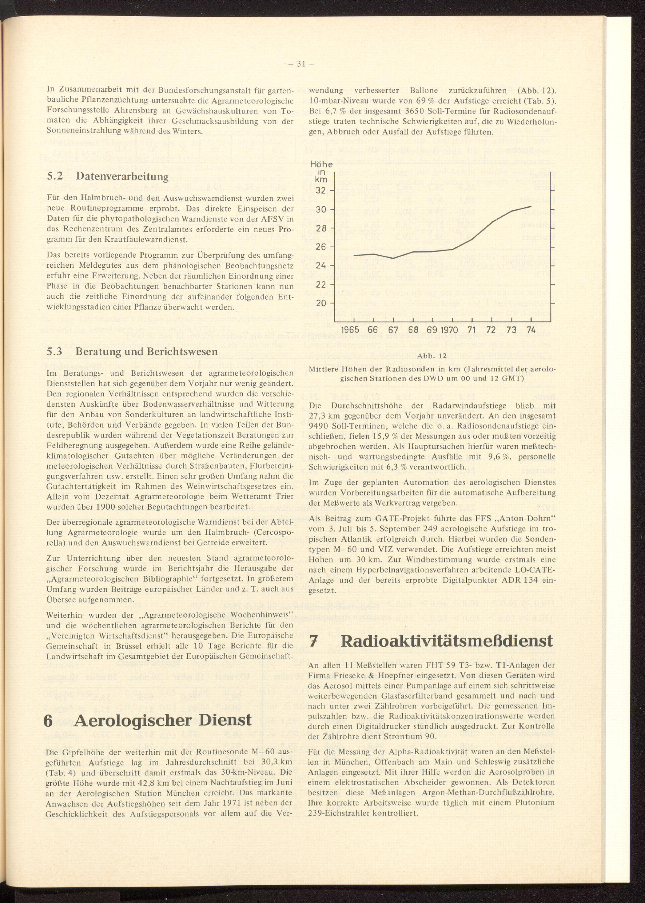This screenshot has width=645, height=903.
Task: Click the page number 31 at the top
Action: tap(300, 64)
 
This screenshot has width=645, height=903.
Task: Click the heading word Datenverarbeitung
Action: tap(122, 177)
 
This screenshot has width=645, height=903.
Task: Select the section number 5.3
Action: tap(55, 352)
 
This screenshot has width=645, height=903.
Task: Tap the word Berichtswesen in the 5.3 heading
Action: tap(185, 352)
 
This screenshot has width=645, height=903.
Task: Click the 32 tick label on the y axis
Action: tap(321, 191)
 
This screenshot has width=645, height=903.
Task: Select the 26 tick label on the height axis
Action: tap(321, 247)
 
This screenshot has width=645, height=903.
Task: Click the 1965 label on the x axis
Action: tap(350, 330)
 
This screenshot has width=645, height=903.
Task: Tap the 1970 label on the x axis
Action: tap(449, 330)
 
